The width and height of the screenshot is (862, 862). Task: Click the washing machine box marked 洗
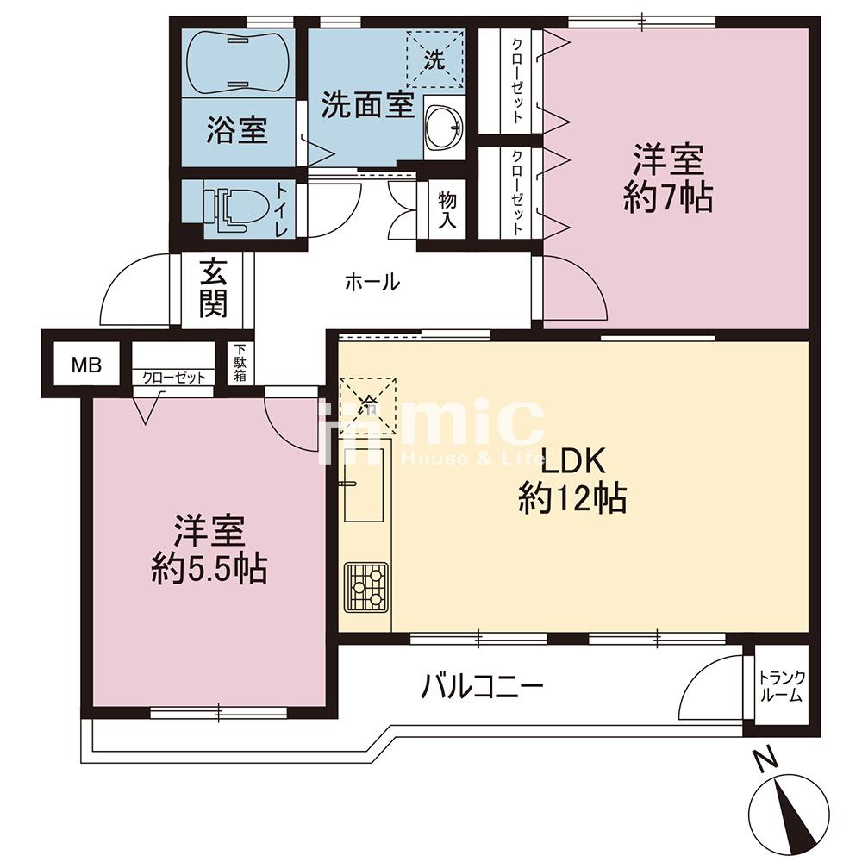coord(434,59)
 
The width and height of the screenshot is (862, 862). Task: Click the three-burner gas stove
coord(366,587)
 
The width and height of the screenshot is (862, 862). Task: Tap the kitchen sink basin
coord(364,484)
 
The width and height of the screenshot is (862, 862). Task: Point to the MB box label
coord(86,365)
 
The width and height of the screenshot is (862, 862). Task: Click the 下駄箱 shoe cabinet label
coord(240,363)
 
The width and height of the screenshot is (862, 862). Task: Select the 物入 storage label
coord(447,209)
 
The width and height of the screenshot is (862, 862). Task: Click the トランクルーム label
coord(781,686)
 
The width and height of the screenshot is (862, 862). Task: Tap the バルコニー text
coord(482,687)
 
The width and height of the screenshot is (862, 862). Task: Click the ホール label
coord(372,283)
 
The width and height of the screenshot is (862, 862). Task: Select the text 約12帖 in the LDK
coord(572,497)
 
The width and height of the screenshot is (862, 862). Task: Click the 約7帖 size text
coord(668,197)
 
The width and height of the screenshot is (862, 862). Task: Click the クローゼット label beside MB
coord(174,378)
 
